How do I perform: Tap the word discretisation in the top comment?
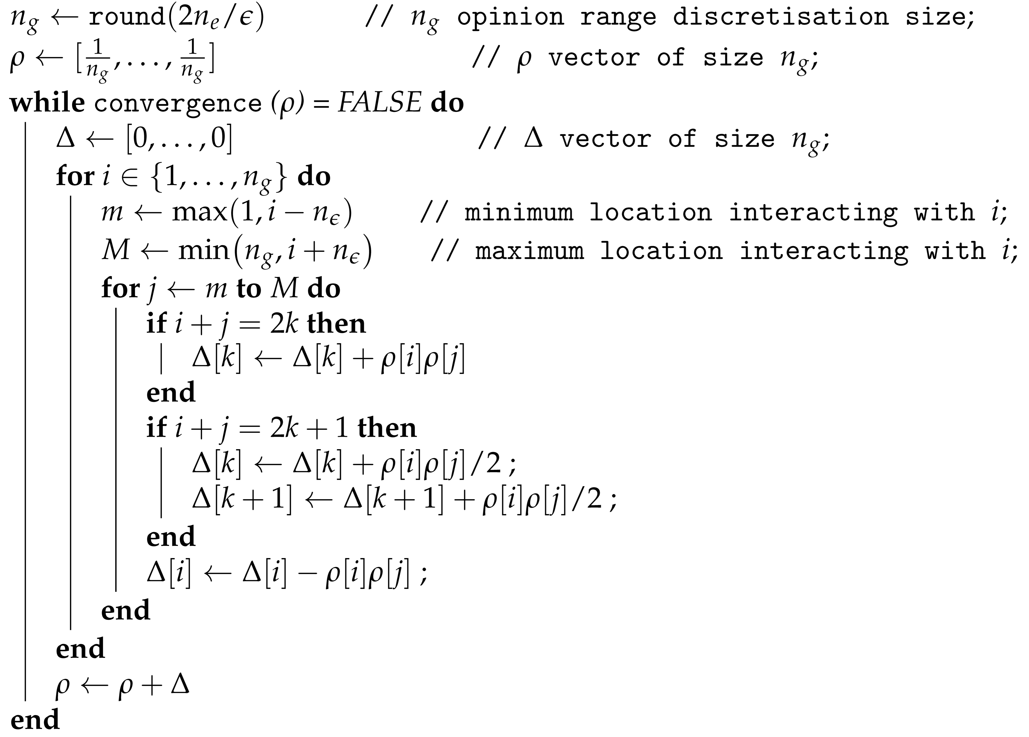click(780, 17)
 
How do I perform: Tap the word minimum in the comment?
click(519, 212)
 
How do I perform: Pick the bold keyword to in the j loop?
click(249, 289)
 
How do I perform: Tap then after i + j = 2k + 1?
click(387, 428)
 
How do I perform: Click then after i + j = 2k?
click(336, 324)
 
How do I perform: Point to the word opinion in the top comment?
click(510, 17)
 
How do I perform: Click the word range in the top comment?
click(618, 17)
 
